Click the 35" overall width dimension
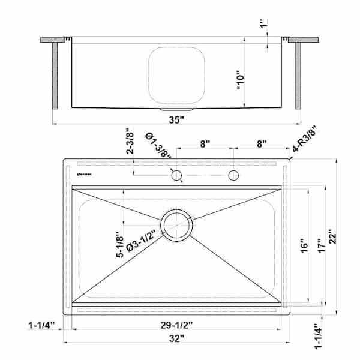(176, 119)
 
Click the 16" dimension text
(304, 246)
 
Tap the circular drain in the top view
(176, 226)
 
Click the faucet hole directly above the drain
(176, 175)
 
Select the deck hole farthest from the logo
(233, 175)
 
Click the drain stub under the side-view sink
(177, 110)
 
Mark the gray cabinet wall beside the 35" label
(298, 75)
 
